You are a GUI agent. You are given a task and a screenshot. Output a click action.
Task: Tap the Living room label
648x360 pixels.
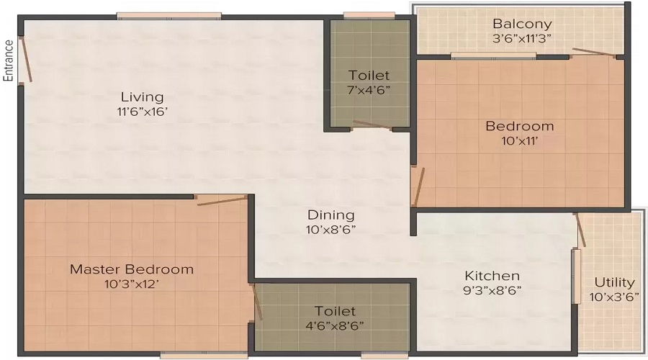point(142,96)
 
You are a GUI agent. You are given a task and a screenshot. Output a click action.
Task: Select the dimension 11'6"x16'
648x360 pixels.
point(142,112)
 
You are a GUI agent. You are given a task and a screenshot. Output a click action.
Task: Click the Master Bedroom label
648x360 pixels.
point(132,269)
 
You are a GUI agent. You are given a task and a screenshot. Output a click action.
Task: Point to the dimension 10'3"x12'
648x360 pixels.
point(132,284)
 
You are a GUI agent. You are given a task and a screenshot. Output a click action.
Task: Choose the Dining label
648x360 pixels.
point(330,215)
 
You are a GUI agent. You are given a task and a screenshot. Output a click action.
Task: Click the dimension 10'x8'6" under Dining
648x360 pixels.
point(330,230)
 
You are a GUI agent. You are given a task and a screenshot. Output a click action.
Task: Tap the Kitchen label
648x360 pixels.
point(492,276)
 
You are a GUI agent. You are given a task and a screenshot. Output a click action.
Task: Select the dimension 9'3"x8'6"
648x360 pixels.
point(492,290)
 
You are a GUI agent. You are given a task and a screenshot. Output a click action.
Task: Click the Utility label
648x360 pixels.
point(614,282)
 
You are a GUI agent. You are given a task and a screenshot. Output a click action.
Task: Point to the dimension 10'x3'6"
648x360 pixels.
point(614,297)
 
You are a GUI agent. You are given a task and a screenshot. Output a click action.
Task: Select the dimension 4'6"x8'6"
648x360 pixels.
point(335,325)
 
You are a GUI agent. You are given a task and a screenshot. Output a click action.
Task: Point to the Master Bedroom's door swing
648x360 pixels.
point(222,199)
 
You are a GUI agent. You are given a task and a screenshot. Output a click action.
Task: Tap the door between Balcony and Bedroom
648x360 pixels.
point(597,53)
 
